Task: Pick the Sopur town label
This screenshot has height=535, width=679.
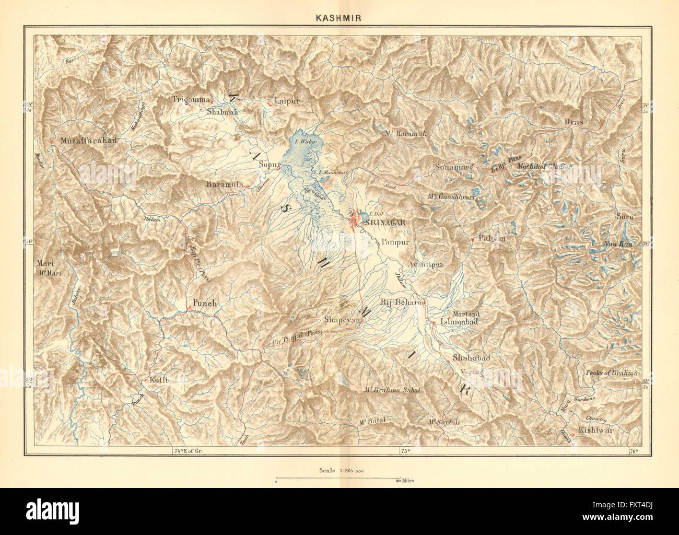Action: pyautogui.click(x=271, y=165)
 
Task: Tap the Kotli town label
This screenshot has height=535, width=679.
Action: pyautogui.click(x=158, y=380)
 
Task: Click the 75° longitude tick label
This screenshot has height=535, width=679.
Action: pyautogui.click(x=403, y=449)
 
